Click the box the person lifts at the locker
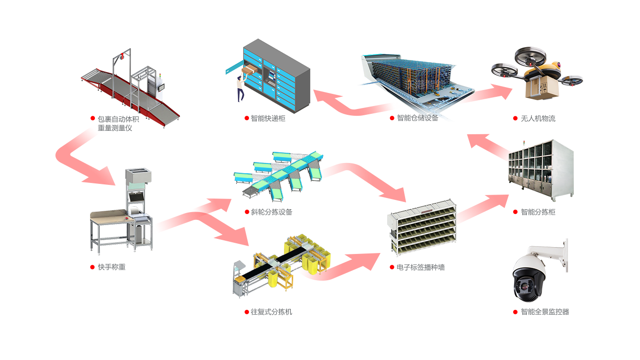(x=249, y=70)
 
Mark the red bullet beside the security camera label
(x=516, y=312)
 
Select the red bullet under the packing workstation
(x=92, y=267)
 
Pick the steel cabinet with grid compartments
(x=540, y=170)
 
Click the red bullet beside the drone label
(x=516, y=118)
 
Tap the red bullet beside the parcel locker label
(x=247, y=118)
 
